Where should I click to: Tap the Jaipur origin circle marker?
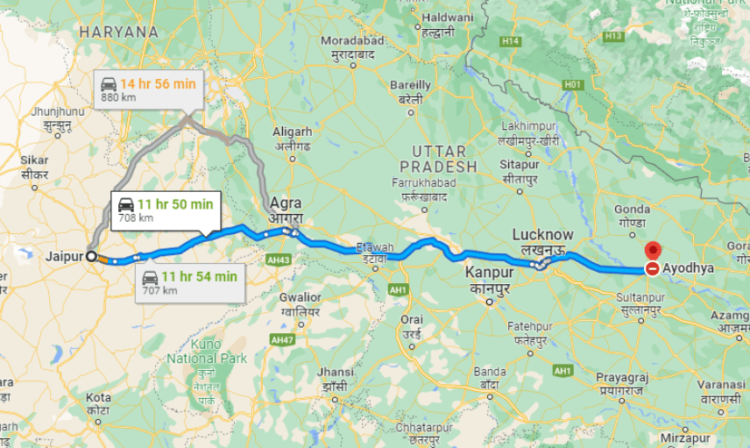click(x=91, y=256)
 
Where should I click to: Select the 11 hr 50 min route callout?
click(x=165, y=210)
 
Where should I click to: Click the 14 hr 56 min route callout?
click(x=148, y=89)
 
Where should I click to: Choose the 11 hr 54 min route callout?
click(x=189, y=282)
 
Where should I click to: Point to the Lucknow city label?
click(x=542, y=235)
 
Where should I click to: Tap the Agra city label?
click(x=286, y=203)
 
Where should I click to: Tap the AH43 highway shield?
click(x=279, y=260)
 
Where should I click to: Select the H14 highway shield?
click(x=510, y=41)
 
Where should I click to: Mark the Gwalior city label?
click(x=300, y=297)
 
